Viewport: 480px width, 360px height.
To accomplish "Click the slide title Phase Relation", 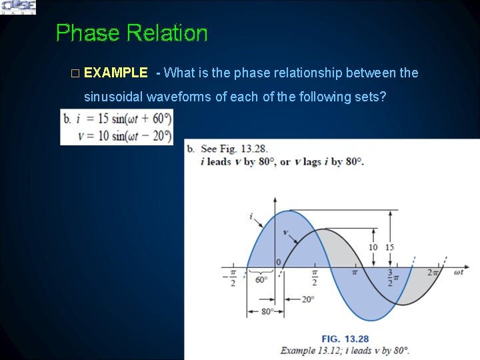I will (131, 33).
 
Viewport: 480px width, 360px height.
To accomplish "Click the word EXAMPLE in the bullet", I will (116, 72).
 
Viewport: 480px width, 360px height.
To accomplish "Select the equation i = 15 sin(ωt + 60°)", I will (117, 119).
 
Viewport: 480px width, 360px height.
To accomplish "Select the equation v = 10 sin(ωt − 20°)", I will (117, 135).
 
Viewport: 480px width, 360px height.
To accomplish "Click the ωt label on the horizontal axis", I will (459, 271).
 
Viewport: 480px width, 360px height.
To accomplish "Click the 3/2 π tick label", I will (393, 277).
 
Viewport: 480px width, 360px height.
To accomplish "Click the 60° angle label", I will (261, 279).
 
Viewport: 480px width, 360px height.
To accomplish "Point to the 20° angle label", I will (307, 299).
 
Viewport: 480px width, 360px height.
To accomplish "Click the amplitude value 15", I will (389, 247).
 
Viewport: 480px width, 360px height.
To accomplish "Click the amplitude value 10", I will (373, 247).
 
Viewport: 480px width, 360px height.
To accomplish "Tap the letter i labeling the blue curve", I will (251, 216).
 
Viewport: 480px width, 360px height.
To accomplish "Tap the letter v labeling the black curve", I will (286, 233).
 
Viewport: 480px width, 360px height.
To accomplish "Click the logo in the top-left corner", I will (18, 7).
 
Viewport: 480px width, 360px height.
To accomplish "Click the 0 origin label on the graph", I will (279, 262).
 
